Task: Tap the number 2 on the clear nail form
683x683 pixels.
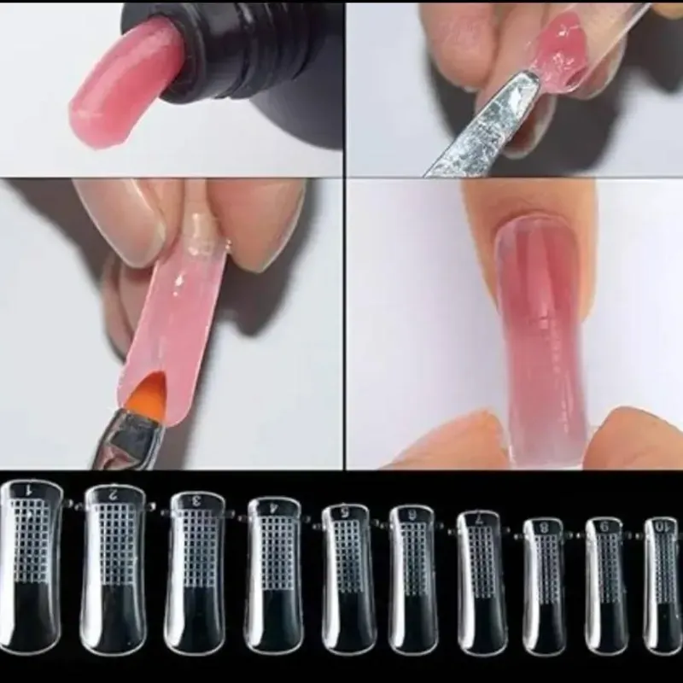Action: pyautogui.click(x=111, y=493)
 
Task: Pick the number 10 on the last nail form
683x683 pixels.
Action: pyautogui.click(x=661, y=523)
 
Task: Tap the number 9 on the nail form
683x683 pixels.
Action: pyautogui.click(x=604, y=523)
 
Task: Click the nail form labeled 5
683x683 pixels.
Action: pyautogui.click(x=346, y=572)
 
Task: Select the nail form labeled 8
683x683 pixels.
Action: pyautogui.click(x=542, y=576)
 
